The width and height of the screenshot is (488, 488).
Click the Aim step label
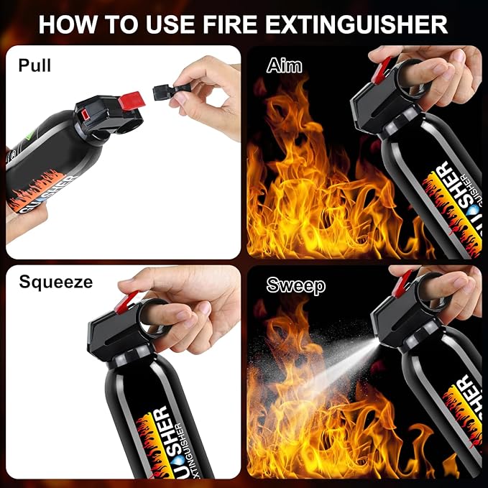284,66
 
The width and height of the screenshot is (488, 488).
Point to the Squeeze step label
55,282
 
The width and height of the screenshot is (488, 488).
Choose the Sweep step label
295,285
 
